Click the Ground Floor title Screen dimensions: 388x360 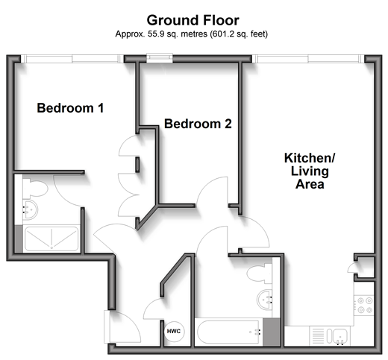tap(193, 20)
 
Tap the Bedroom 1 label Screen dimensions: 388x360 tap(70, 108)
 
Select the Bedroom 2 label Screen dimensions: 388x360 tap(198, 124)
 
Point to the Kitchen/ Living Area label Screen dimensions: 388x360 tap(310, 171)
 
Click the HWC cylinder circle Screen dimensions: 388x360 tap(174, 331)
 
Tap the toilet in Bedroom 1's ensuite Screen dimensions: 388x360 tap(34, 188)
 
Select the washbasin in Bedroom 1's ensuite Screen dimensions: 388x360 tap(30, 210)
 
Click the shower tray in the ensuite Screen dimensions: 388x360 tap(51, 239)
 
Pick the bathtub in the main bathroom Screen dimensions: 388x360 tap(229, 332)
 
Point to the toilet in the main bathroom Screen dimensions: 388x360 tap(259, 274)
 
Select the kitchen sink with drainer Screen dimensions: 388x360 tap(329, 336)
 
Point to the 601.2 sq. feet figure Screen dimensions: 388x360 tap(239, 34)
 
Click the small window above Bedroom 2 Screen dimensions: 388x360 tap(160, 58)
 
